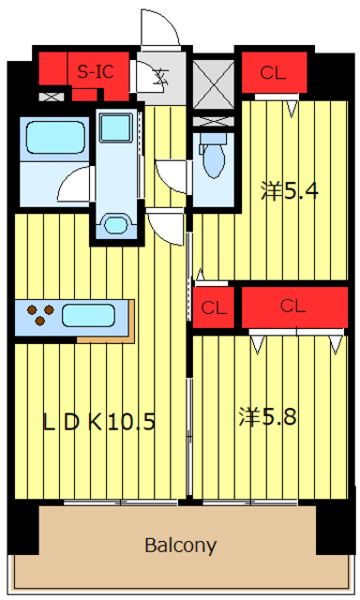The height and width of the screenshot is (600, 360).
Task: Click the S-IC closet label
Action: pyautogui.click(x=96, y=71)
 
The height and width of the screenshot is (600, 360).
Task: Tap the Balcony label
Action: pyautogui.click(x=181, y=545)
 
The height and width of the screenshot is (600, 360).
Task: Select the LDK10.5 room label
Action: pyautogui.click(x=98, y=422)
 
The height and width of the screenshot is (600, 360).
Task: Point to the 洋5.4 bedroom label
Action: pyautogui.click(x=290, y=190)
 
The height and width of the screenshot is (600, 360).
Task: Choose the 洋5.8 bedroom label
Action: pyautogui.click(x=267, y=416)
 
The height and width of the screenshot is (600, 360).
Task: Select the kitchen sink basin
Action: pyautogui.click(x=88, y=316)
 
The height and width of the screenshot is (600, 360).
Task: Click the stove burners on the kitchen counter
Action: pyautogui.click(x=39, y=315)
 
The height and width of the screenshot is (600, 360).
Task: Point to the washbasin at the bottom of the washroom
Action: pyautogui.click(x=115, y=225)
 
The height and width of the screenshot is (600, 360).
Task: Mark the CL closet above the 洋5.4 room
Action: pyautogui.click(x=275, y=73)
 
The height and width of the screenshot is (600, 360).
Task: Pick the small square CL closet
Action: pyautogui.click(x=214, y=307)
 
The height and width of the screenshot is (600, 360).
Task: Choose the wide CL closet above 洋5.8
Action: pyautogui.click(x=294, y=307)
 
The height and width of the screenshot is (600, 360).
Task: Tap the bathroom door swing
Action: pyautogui.click(x=76, y=184)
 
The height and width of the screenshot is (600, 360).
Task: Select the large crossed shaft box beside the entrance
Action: pyautogui.click(x=214, y=84)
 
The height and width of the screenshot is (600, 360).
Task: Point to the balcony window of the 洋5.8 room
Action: pyautogui.click(x=250, y=502)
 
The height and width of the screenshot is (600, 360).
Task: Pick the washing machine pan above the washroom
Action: pyautogui.click(x=115, y=127)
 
